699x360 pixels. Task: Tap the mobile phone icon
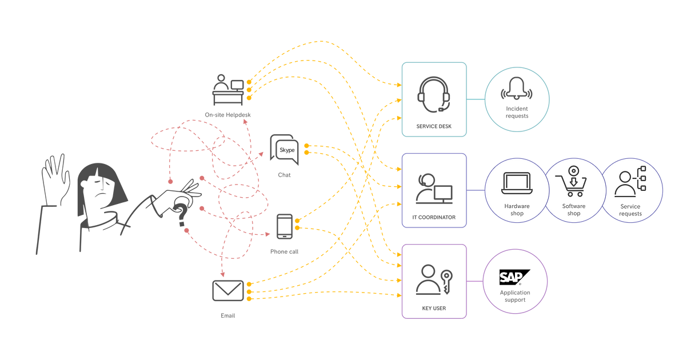[x=284, y=227]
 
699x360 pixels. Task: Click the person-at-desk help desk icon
[x=227, y=90]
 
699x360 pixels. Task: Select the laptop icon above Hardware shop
[x=517, y=182]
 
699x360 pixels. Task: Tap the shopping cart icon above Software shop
[x=573, y=182]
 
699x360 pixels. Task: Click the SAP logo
[x=515, y=278]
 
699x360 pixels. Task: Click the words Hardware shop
[x=517, y=210]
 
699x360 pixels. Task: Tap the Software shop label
[x=573, y=210]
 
